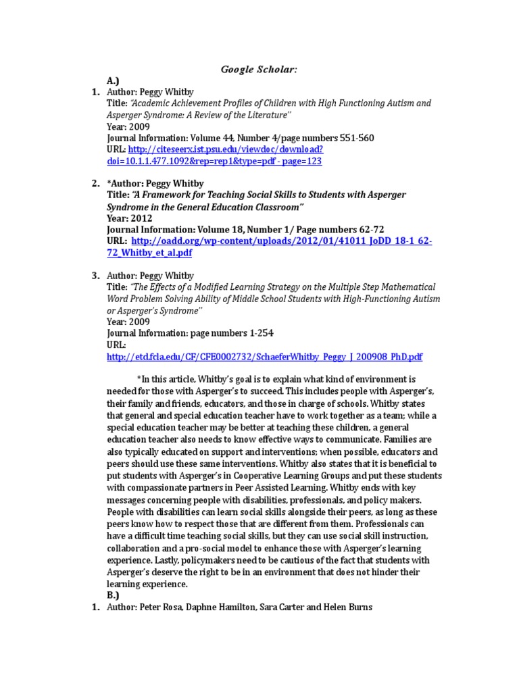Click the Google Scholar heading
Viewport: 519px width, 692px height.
tap(259, 70)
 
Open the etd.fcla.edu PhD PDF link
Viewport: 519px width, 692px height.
tap(265, 356)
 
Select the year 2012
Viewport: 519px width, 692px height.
tap(140, 218)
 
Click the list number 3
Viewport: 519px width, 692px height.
tap(95, 276)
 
